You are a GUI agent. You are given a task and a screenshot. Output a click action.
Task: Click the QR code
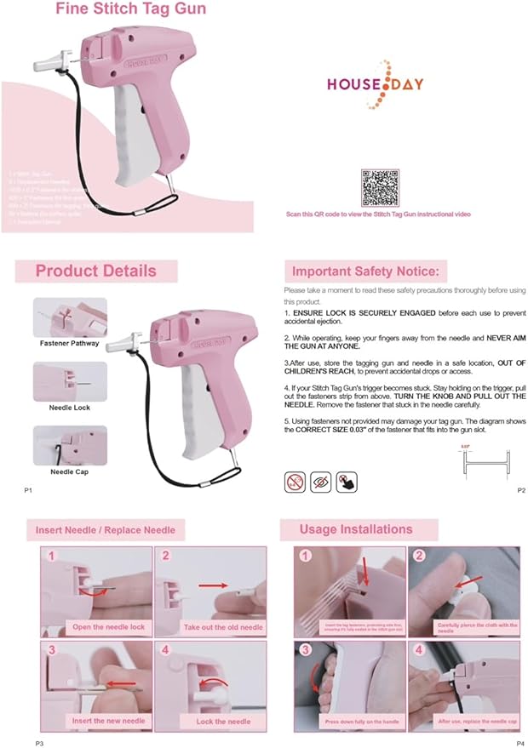pyautogui.click(x=380, y=188)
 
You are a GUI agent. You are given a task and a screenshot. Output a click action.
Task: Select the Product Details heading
pyautogui.click(x=95, y=271)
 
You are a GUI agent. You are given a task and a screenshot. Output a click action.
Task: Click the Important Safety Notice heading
pyautogui.click(x=364, y=271)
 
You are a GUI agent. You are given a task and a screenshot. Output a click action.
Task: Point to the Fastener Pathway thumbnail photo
pyautogui.click(x=70, y=317)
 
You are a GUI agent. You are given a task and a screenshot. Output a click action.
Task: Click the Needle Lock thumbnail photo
pyautogui.click(x=70, y=381)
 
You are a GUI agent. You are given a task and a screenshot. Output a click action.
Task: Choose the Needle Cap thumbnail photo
pyautogui.click(x=70, y=445)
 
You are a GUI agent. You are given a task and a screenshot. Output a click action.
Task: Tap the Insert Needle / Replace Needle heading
pyautogui.click(x=106, y=529)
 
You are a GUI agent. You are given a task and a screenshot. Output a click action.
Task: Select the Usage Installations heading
pyautogui.click(x=355, y=529)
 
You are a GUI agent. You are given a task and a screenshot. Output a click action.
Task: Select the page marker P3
pyautogui.click(x=40, y=743)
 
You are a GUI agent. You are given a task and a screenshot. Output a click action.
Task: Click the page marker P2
pyautogui.click(x=521, y=491)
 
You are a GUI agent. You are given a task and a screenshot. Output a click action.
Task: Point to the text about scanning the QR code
pyautogui.click(x=379, y=214)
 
